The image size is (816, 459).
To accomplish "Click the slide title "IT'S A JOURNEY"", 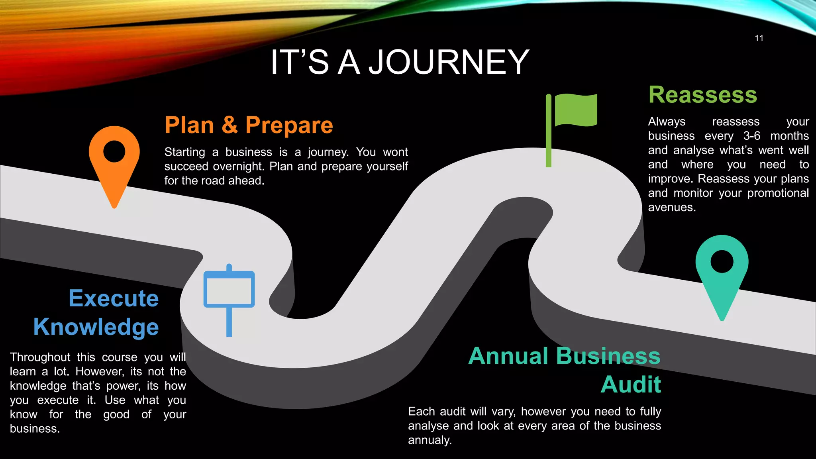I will click(x=400, y=62).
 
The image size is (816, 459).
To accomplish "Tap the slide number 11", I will click(x=759, y=38).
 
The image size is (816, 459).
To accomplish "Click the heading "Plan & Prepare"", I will click(x=249, y=125).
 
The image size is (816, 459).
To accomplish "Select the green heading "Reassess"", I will click(x=702, y=95).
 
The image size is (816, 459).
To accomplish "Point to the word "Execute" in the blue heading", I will click(x=114, y=298).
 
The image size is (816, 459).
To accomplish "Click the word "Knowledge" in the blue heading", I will click(x=96, y=327).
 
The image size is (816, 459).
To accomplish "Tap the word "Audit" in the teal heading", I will click(x=631, y=384).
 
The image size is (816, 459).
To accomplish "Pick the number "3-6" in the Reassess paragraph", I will click(x=751, y=136).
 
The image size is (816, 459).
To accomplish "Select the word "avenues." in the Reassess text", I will click(x=672, y=208).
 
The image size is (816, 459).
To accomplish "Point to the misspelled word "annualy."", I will click(x=430, y=440).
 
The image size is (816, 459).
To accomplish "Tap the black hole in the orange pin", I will click(x=114, y=151).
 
